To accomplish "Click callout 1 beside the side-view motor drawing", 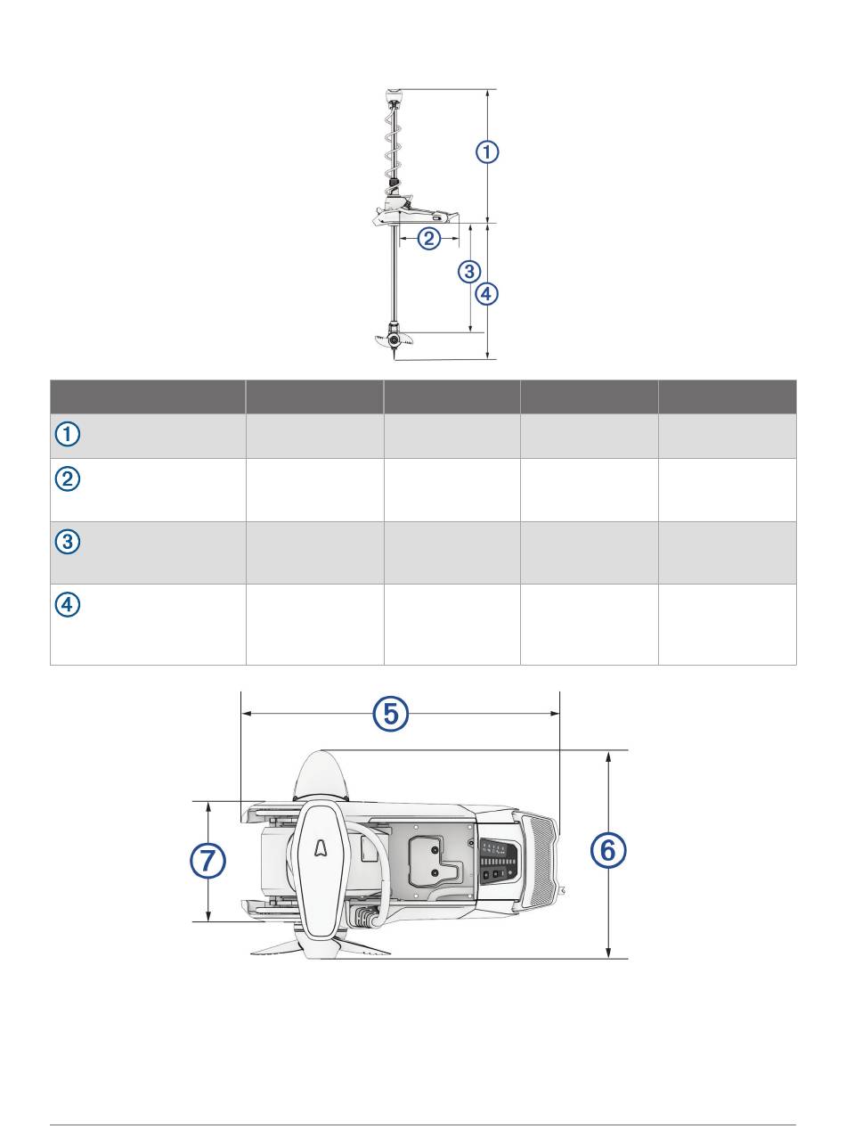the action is coord(487,152).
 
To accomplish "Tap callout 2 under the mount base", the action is coord(428,239).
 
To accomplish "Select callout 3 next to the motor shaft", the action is coord(468,271).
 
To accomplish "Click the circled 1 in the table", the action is coord(68,434).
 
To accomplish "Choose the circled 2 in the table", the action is coord(68,479).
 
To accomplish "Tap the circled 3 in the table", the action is coord(68,542).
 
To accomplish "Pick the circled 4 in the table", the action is coord(68,604).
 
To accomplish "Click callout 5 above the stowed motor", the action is coord(390,713).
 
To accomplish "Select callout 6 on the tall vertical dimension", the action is coord(607,851).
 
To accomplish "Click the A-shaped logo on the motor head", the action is coord(321,849).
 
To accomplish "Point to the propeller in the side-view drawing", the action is coord(394,339).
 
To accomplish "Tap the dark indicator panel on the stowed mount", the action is coord(499,863).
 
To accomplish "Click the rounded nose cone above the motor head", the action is coord(321,775).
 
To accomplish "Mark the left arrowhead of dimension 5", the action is coord(246,713).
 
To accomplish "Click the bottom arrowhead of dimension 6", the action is coord(608,953).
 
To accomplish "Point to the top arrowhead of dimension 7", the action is coord(208,807).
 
